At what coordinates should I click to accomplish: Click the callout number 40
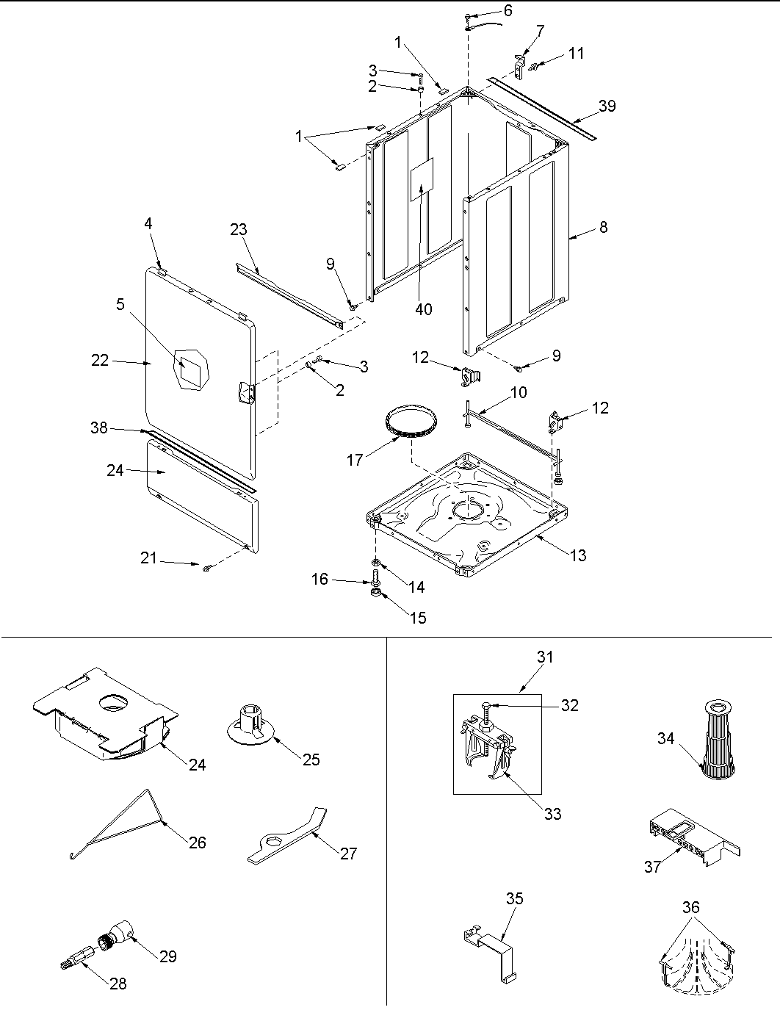pos(424,309)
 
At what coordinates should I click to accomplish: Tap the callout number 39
pos(607,106)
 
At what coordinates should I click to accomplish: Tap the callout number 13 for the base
pos(578,555)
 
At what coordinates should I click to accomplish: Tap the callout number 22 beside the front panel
pos(100,360)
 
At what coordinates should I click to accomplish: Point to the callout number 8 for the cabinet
pos(603,227)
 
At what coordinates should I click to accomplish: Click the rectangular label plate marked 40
pos(422,178)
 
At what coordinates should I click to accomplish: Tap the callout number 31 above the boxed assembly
pos(544,657)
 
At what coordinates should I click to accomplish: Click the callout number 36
pos(690,907)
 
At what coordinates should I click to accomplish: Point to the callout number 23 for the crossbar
pos(238,229)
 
